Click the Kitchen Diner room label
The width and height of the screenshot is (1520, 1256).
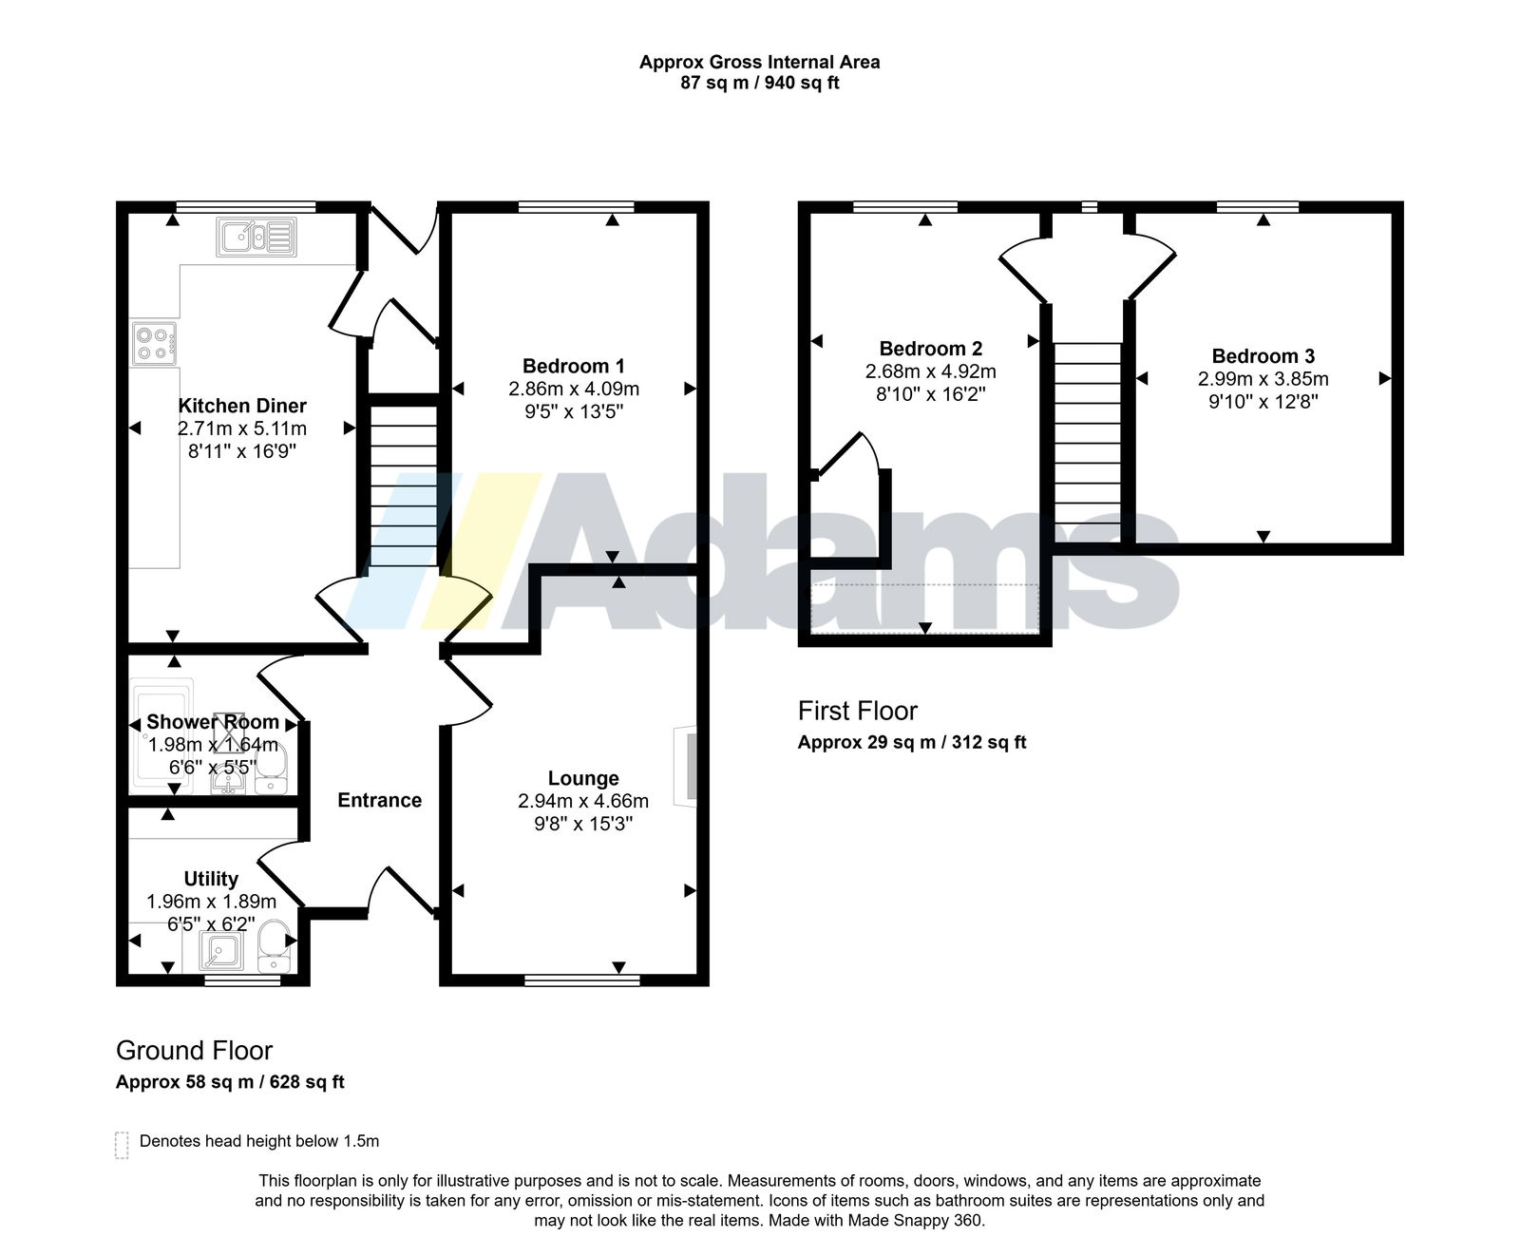point(242,407)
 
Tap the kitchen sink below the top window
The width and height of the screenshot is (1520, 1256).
point(256,237)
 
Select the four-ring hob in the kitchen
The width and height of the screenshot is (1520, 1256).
point(154,343)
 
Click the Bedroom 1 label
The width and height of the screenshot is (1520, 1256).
point(574,366)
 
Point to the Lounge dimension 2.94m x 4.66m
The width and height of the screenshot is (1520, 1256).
point(583,801)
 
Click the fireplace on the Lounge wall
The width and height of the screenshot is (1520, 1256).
point(686,768)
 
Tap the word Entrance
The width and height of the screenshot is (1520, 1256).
point(380,800)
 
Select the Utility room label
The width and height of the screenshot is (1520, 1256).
point(211,879)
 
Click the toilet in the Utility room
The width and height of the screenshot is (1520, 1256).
point(274,944)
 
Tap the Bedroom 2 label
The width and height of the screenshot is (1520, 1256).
point(931,349)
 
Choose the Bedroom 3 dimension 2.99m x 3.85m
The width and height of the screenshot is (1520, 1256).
point(1263,379)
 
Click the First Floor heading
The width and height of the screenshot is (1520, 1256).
point(858,711)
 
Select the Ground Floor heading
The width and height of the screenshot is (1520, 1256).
point(194,1050)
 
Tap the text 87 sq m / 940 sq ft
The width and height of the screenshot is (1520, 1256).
point(760,83)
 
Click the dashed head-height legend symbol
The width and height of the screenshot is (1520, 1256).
point(122,1145)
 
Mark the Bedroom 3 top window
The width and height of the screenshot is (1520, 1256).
point(1258,206)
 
